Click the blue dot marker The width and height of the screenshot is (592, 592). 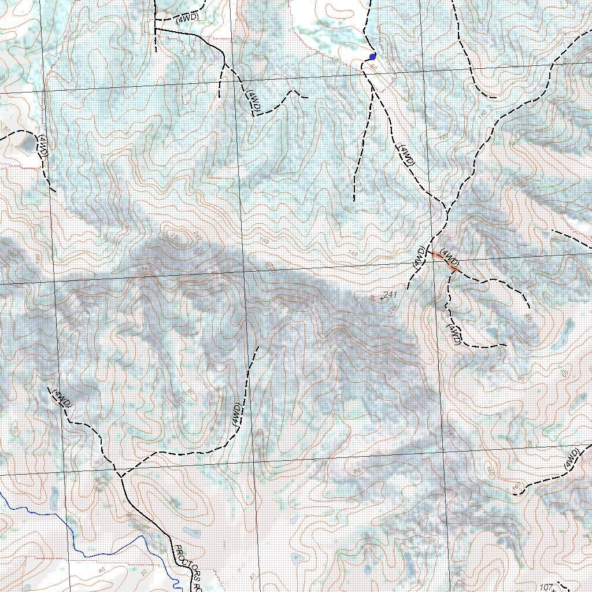point(372,57)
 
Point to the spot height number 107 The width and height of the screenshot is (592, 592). point(545,587)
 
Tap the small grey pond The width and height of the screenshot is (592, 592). point(26,144)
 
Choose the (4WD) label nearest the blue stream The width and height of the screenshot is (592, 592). point(61,398)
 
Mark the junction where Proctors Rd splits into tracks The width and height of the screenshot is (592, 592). point(121,476)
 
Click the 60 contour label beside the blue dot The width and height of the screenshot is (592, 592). point(373,68)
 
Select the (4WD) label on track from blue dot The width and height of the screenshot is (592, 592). point(405,155)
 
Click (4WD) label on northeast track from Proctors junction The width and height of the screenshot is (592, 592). point(236,415)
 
